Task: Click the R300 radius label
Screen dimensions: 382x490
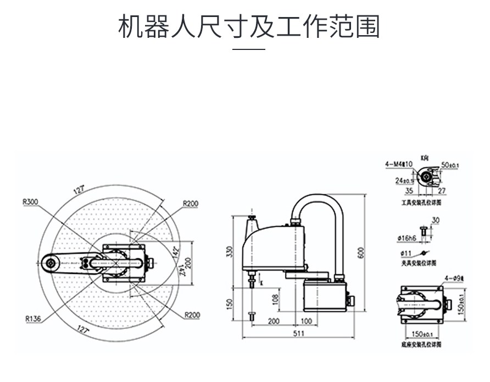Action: pyautogui.click(x=30, y=201)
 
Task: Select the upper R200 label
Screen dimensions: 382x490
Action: pyautogui.click(x=191, y=204)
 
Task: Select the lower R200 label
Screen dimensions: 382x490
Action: pyautogui.click(x=192, y=315)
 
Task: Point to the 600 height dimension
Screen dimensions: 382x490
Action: pyautogui.click(x=361, y=253)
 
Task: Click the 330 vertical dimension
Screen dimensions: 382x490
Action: pyautogui.click(x=230, y=251)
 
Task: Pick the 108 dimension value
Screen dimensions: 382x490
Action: pyautogui.click(x=276, y=299)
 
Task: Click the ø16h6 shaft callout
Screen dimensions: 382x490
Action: pyautogui.click(x=407, y=238)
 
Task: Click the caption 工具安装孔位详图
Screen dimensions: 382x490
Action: pyautogui.click(x=421, y=203)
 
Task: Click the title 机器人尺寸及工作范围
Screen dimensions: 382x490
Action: pyautogui.click(x=249, y=26)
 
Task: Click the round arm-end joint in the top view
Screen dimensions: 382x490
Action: pyautogui.click(x=51, y=263)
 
